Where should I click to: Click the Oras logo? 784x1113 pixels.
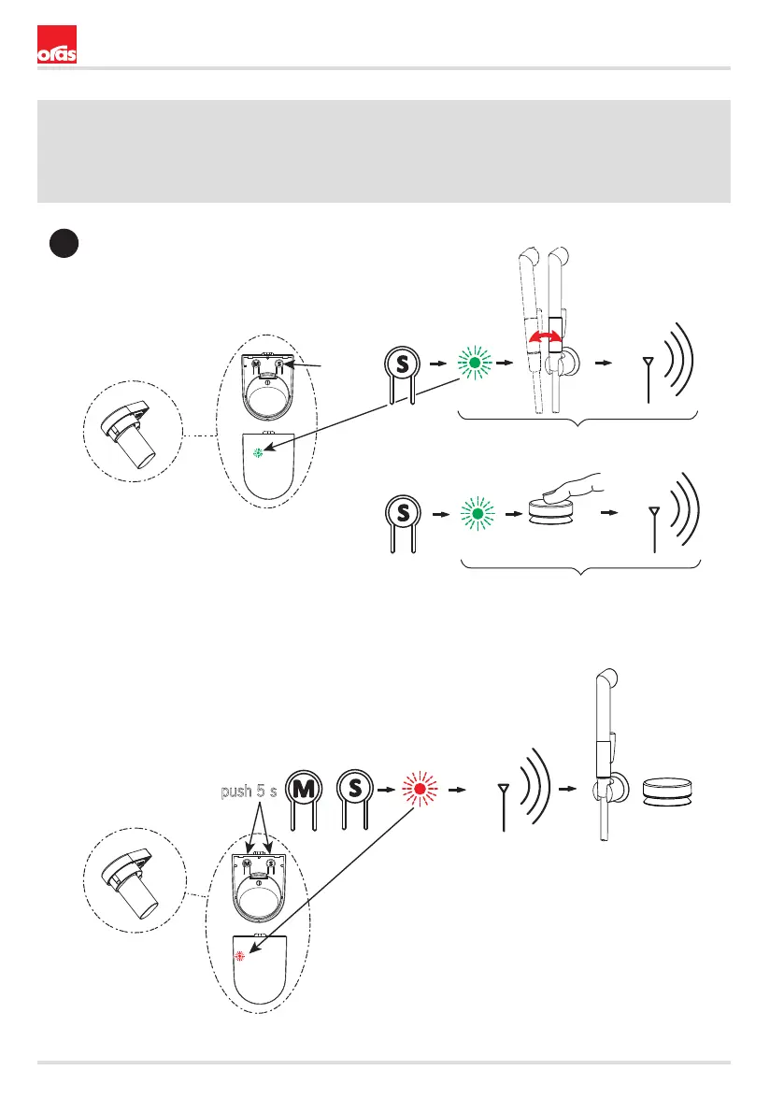tap(56, 47)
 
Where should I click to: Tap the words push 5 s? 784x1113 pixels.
tap(249, 792)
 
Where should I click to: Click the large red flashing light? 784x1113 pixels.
tap(419, 790)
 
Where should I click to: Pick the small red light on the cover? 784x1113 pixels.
tap(239, 956)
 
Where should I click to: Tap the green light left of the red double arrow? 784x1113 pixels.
tap(475, 363)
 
